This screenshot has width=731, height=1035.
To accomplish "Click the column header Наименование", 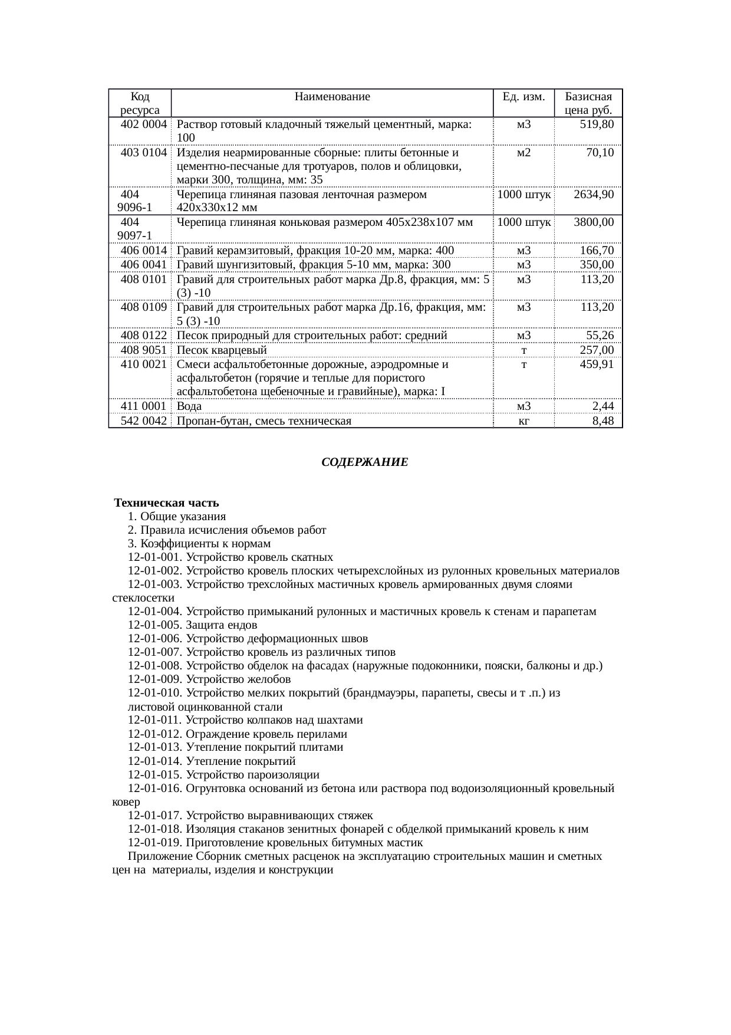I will (x=332, y=97).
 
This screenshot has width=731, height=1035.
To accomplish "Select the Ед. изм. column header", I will (x=523, y=97).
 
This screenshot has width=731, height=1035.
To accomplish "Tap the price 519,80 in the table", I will (x=597, y=124).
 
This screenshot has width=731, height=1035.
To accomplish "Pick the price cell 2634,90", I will (x=594, y=194).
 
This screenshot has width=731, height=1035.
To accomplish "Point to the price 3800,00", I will (x=594, y=222).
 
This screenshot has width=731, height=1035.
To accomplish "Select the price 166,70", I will (x=597, y=250).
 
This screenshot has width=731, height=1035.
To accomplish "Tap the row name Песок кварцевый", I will (x=222, y=350).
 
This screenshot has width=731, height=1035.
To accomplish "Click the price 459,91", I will (x=597, y=364).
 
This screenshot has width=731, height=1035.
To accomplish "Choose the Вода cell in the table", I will (x=189, y=406).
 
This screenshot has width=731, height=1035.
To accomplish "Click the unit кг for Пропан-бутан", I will (x=523, y=420).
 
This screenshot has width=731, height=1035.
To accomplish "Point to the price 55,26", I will (x=600, y=336).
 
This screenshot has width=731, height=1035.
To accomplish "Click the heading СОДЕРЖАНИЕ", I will (x=364, y=462).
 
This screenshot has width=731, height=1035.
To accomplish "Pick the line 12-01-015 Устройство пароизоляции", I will (x=223, y=774).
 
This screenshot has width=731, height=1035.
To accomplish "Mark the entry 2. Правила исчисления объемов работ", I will (x=227, y=530).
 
